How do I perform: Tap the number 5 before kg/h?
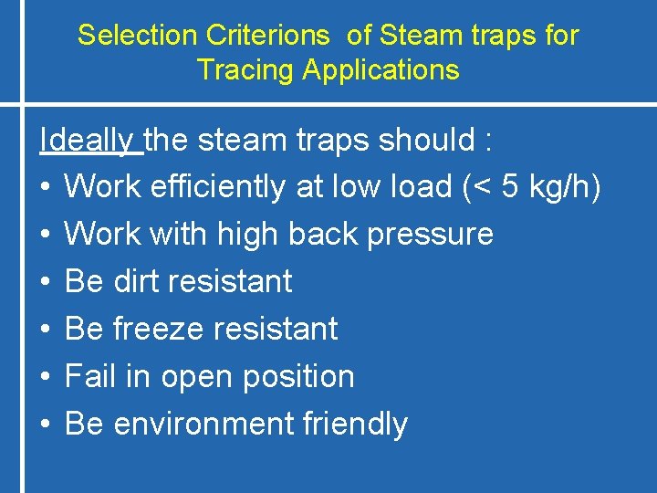513,186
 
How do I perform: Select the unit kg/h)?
567,186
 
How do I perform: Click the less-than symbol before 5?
482,187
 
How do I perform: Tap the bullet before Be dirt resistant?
45,282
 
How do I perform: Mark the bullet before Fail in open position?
45,377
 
